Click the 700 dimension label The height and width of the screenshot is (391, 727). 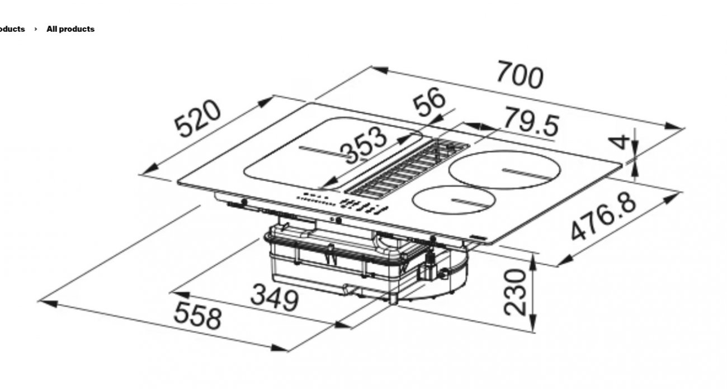pyautogui.click(x=520, y=75)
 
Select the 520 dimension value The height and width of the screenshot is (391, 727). pyautogui.click(x=197, y=118)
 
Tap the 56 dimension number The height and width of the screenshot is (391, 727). pyautogui.click(x=429, y=102)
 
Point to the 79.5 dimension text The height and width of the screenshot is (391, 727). pyautogui.click(x=532, y=122)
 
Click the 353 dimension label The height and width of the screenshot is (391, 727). pyautogui.click(x=363, y=146)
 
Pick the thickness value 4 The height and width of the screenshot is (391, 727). pyautogui.click(x=619, y=142)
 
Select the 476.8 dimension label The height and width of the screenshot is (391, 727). pyautogui.click(x=603, y=216)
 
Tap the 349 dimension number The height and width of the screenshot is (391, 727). pyautogui.click(x=275, y=298)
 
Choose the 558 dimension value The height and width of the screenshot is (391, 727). pyautogui.click(x=197, y=316)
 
